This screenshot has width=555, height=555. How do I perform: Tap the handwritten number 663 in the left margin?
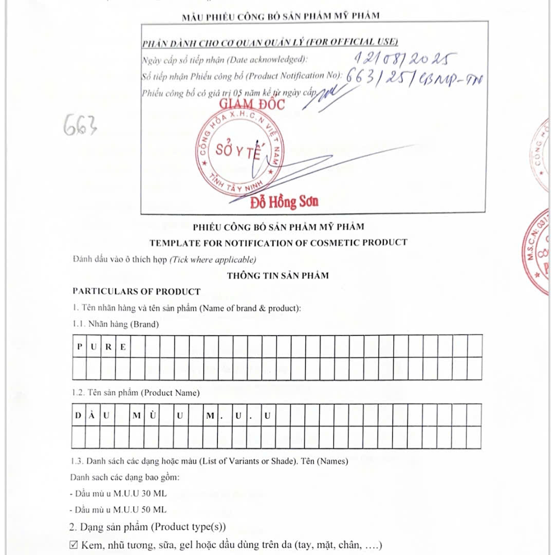pos(80,125)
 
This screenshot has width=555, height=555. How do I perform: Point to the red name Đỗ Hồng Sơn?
pos(284,202)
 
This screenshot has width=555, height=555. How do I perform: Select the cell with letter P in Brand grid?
pos(80,346)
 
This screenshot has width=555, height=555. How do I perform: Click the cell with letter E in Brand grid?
pos(123,346)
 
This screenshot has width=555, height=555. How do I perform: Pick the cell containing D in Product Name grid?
pos(78,416)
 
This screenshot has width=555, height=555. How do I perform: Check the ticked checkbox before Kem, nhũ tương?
pos(73,545)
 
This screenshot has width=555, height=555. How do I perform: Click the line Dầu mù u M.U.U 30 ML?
pos(118,494)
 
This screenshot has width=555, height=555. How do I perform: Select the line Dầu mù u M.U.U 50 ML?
pos(118,510)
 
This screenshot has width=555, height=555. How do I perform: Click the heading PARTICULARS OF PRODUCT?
pos(136,291)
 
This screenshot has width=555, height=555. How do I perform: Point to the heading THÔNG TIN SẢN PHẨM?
pos(278,275)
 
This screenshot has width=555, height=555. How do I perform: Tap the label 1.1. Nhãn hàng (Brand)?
pos(116,324)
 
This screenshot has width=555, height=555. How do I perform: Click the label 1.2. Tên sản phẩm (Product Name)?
pos(136,393)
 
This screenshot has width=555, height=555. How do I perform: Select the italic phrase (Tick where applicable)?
pos(213,260)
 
